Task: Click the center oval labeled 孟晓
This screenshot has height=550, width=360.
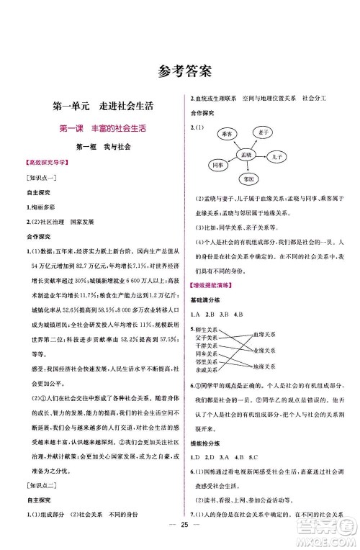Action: tap(246, 155)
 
